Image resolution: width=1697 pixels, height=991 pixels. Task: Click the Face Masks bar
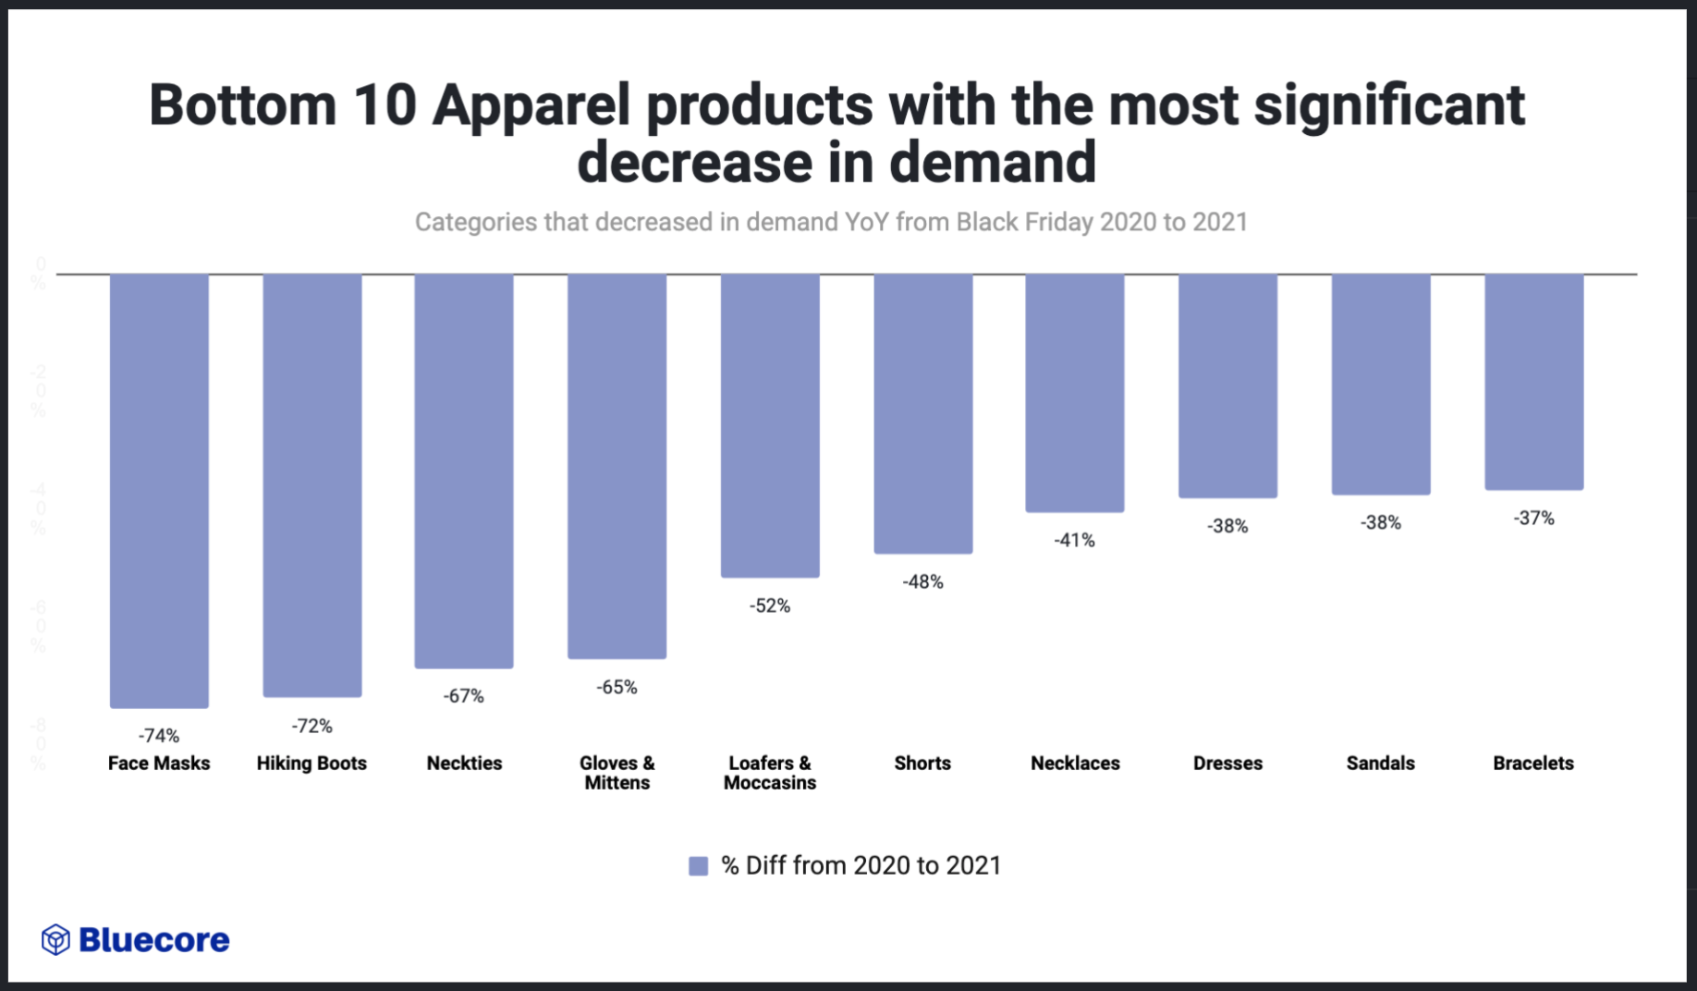[x=159, y=490]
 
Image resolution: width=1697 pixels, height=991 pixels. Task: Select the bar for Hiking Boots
[x=312, y=485]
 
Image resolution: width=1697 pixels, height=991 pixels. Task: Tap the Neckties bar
[x=464, y=471]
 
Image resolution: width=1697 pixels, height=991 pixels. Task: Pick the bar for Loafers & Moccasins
[x=770, y=425]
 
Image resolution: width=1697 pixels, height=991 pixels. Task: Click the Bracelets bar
[x=1533, y=382]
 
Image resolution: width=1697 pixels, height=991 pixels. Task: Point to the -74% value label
[x=159, y=736]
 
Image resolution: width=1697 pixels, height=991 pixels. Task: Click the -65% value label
[x=617, y=687]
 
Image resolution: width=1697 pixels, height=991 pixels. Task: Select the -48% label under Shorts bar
[x=922, y=581]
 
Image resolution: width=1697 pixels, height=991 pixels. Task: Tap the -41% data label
[x=1074, y=540]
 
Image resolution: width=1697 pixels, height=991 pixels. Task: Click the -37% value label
[x=1533, y=519]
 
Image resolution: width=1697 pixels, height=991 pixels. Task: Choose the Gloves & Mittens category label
[x=617, y=773]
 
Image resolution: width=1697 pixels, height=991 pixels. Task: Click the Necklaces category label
[x=1075, y=764]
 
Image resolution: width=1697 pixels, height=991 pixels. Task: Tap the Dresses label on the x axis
[x=1227, y=764]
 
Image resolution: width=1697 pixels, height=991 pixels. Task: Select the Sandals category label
[x=1380, y=764]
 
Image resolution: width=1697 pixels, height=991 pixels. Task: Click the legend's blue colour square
[x=699, y=866]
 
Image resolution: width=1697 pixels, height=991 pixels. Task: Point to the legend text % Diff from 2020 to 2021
[x=861, y=866]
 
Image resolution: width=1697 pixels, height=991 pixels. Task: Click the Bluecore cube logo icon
[x=55, y=940]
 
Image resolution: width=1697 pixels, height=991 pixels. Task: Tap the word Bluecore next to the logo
[x=154, y=940]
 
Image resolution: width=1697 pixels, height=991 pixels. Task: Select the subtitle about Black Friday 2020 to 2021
[x=831, y=223]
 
